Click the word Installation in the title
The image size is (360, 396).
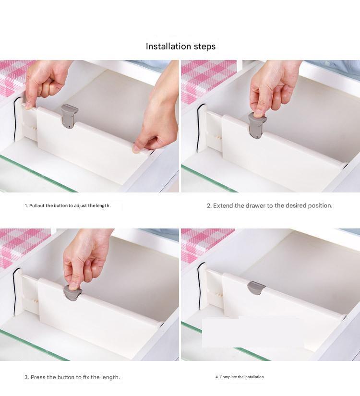coord(168,47)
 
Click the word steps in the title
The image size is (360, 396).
coord(204,47)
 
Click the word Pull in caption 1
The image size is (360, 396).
coord(33,205)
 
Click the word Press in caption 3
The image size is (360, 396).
coord(38,377)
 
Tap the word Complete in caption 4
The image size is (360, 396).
coord(228,377)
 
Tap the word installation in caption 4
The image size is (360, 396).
coord(254,377)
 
